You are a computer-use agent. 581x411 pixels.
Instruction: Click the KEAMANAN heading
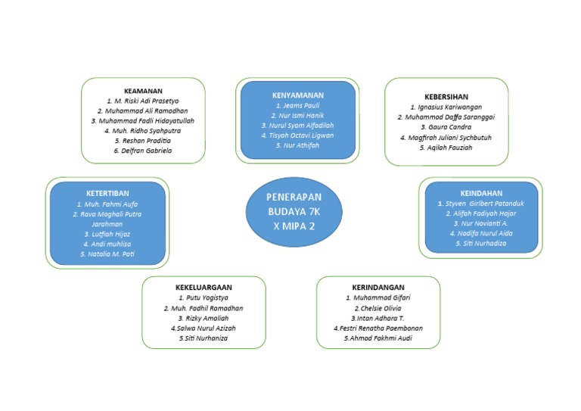point(142,90)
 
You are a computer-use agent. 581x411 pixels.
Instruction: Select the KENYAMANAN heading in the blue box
point(297,95)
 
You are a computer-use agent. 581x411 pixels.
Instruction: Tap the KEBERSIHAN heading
point(446,97)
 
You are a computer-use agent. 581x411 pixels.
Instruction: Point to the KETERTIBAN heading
point(107,194)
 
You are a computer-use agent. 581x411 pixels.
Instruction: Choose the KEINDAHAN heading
point(481,193)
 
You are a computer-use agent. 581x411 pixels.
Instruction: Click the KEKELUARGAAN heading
point(204,288)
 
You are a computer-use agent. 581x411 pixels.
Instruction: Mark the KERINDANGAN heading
point(378,288)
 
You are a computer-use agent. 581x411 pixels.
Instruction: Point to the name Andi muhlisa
point(107,244)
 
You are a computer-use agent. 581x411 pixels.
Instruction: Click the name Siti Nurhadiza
point(481,243)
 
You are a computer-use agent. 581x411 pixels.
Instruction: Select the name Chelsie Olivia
point(378,308)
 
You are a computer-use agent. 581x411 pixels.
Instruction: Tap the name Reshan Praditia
point(143,141)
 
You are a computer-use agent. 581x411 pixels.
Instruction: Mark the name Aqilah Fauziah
point(446,148)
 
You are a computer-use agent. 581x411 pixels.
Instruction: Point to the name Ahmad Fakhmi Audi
point(378,338)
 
